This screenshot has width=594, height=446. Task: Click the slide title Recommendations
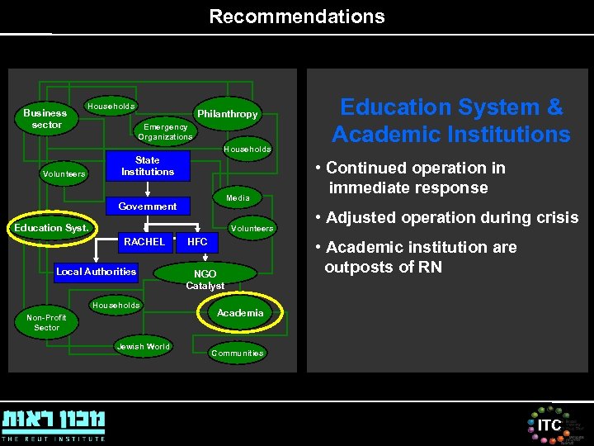(296, 17)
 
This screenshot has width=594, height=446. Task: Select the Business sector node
(46, 119)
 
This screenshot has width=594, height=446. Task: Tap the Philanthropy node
(227, 114)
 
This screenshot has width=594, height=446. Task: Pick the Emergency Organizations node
(165, 132)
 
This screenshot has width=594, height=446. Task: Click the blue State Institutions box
(147, 166)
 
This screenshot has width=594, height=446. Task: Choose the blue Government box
(148, 206)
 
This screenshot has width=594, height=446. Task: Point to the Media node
(238, 198)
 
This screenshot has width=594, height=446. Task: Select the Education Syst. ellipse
(51, 228)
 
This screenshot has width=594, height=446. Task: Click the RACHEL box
(144, 242)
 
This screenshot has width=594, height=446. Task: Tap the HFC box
(197, 242)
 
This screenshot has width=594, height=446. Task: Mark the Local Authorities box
(96, 272)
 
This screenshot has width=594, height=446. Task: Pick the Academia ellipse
(240, 313)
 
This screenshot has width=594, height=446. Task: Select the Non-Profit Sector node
(47, 322)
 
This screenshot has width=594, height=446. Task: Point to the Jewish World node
(143, 347)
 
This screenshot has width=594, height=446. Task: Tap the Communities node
(237, 353)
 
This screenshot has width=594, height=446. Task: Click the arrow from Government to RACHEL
(148, 223)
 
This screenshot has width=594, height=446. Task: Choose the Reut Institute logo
(54, 422)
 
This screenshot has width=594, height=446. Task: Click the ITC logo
(549, 425)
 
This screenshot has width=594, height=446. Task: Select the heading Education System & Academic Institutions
(450, 121)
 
